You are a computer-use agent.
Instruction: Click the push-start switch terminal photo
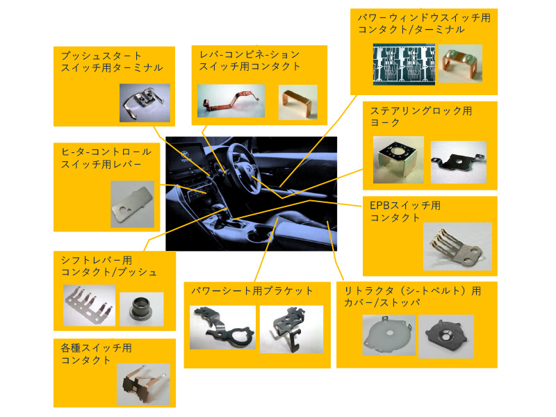pos(145,103)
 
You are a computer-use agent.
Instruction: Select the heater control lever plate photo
pos(132,204)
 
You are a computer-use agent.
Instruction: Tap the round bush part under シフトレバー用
pos(142,309)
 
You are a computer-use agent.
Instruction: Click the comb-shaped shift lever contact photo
pos(89,305)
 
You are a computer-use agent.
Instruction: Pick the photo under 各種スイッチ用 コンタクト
pos(143,384)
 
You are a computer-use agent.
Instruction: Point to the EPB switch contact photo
pos(457,247)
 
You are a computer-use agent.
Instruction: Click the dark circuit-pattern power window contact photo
pos(404,65)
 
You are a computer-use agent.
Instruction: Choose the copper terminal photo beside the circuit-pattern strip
pos(460,63)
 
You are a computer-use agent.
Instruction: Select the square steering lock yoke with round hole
pos(398,160)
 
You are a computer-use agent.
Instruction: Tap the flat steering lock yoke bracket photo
pos(459,162)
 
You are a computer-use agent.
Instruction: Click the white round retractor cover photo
pos(389,335)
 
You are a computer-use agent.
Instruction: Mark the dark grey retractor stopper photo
pos(446,336)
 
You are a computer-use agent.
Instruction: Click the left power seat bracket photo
pos(222,327)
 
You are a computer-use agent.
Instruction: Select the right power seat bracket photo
pos(291,329)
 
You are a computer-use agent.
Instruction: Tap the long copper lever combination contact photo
pos(231,101)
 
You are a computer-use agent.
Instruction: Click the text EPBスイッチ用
pos(405,206)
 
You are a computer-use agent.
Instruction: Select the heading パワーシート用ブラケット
pos(252,291)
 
